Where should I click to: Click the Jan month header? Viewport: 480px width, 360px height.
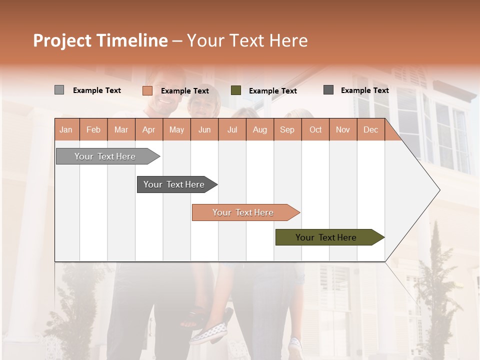tap(66, 129)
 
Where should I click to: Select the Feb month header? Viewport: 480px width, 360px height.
tap(93, 129)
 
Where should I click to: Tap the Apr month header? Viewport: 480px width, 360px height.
tap(148, 129)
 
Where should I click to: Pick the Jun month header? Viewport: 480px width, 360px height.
tap(204, 129)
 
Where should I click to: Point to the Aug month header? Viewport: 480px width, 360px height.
tap(259, 129)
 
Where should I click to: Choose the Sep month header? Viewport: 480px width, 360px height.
tap(287, 129)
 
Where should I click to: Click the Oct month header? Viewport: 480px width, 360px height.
tap(315, 129)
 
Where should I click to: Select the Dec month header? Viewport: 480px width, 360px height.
tap(370, 129)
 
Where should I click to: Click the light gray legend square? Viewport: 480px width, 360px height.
tap(59, 90)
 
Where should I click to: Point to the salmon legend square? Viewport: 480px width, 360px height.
tap(147, 90)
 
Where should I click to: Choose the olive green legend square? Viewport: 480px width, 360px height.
tap(236, 90)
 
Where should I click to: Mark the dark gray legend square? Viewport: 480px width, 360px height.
tap(328, 90)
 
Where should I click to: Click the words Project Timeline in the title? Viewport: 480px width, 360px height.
tap(100, 40)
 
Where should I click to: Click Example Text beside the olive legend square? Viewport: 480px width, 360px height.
tap(272, 91)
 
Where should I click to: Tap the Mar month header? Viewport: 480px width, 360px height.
tap(121, 129)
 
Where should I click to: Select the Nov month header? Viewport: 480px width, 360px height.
tap(342, 129)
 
